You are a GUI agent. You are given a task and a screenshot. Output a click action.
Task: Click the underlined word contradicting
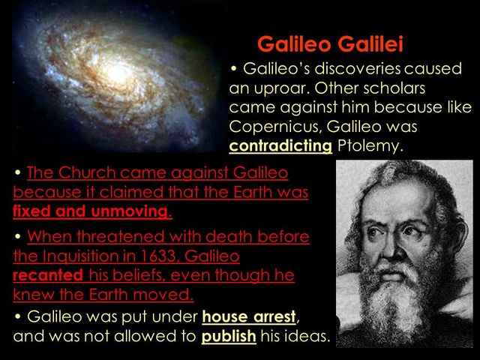point(280,145)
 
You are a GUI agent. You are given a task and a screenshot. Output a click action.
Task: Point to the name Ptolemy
point(370,145)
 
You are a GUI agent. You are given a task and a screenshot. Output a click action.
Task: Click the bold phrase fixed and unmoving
point(92,211)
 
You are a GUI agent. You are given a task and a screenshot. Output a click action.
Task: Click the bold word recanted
point(46,274)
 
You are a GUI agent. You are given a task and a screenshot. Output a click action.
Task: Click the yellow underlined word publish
point(229,335)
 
